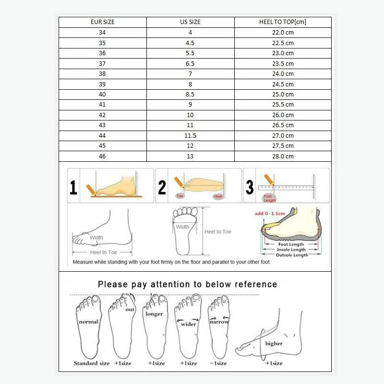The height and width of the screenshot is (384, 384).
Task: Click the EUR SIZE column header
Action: [102, 22]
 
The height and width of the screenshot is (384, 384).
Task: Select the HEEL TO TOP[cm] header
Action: [283, 22]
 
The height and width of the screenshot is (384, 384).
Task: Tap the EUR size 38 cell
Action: [102, 74]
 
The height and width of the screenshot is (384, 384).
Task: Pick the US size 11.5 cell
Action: [190, 136]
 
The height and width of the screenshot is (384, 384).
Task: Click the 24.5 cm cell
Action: [283, 84]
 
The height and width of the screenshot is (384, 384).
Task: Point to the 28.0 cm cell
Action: [283, 156]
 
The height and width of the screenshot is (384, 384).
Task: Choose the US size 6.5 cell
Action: [190, 64]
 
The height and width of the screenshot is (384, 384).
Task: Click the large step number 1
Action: [73, 187]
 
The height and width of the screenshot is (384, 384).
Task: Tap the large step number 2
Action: [162, 187]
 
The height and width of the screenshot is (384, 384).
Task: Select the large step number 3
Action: [250, 187]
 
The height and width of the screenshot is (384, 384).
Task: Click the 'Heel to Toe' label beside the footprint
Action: [218, 232]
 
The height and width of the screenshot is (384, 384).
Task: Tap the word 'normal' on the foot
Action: [88, 322]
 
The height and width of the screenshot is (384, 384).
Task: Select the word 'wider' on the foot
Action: [189, 324]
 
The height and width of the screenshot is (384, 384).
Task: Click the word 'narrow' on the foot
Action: [219, 322]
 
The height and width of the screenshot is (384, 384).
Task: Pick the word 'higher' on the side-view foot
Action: [274, 344]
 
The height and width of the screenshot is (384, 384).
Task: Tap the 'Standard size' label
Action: [92, 363]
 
